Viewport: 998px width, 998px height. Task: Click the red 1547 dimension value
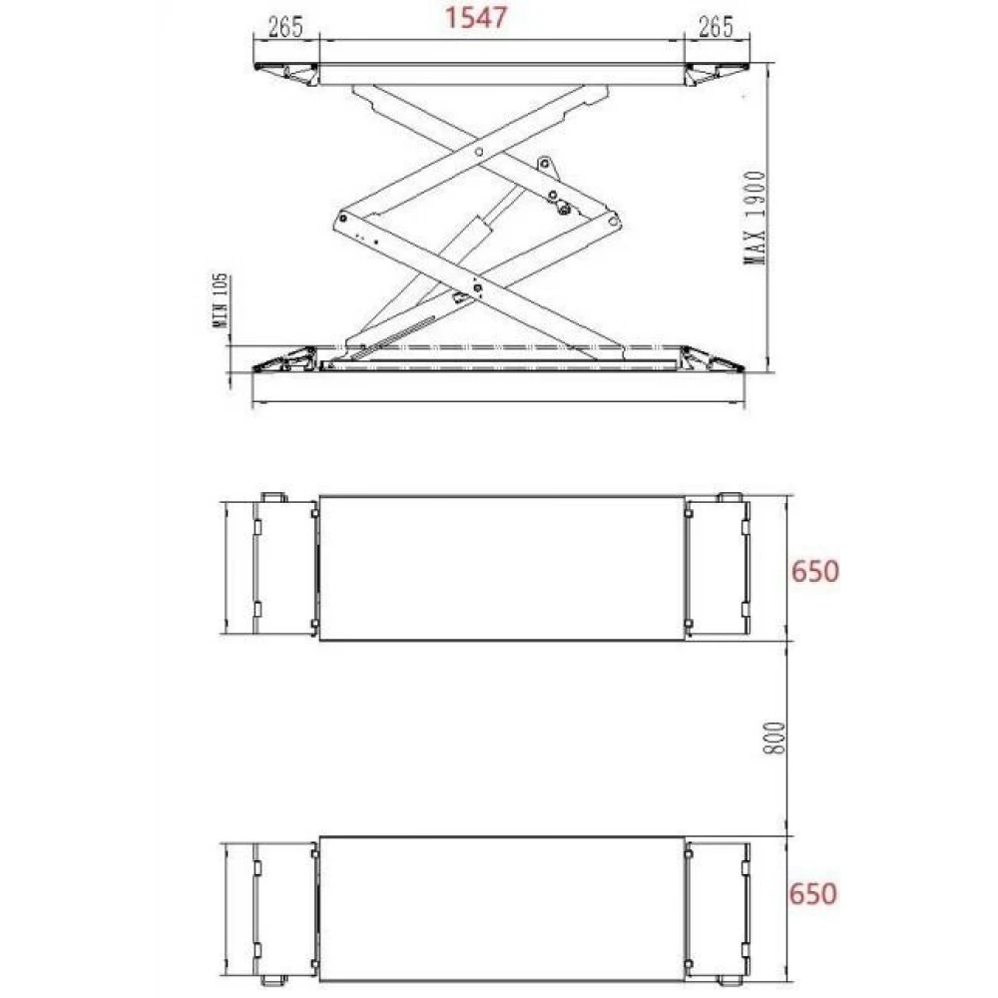(x=475, y=17)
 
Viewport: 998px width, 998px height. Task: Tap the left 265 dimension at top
(x=285, y=27)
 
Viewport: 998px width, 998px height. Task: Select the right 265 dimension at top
(x=716, y=27)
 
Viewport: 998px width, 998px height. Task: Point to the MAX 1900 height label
(x=755, y=218)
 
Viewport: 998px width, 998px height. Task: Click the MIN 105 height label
(x=220, y=301)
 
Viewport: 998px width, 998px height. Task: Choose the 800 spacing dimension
(x=774, y=739)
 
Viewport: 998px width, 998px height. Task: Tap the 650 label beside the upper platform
(x=814, y=571)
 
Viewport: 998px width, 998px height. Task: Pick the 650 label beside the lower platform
(x=812, y=893)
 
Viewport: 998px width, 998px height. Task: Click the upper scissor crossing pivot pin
(x=479, y=152)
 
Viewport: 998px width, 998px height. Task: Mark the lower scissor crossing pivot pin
(x=479, y=288)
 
